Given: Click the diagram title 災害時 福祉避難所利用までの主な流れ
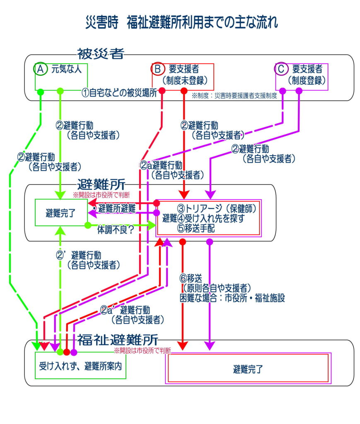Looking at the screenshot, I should tap(181, 22).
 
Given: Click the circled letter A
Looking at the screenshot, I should tap(40, 69).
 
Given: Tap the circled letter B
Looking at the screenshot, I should tap(158, 69).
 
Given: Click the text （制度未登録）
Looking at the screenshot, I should tap(185, 79).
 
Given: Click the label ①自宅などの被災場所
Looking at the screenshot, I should tap(119, 93).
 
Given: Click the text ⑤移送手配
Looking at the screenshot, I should tap(196, 227).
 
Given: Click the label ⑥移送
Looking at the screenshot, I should tap(191, 278).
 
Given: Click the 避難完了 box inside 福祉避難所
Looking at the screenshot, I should tap(248, 368).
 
